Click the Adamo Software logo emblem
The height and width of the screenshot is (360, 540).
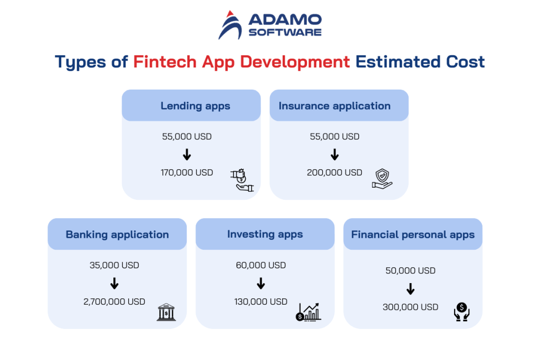230,25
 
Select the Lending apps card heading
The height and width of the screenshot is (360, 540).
195,106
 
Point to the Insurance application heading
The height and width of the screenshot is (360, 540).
334,106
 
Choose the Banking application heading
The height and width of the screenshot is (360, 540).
117,235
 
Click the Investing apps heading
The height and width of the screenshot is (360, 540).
265,234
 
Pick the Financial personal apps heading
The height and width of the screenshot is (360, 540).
413,235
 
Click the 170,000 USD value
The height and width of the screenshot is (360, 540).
187,172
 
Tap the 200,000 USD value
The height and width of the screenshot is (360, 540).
334,172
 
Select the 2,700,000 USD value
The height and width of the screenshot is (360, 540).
114,301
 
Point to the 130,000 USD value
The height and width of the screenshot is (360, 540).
261,301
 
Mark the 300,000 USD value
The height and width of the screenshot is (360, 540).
410,307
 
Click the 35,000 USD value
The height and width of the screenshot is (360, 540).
114,265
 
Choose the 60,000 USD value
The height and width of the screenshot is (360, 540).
261,265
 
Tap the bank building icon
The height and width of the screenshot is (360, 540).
166,313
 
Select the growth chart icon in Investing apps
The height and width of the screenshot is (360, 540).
308,312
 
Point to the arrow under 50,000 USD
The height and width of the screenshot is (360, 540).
411,289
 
